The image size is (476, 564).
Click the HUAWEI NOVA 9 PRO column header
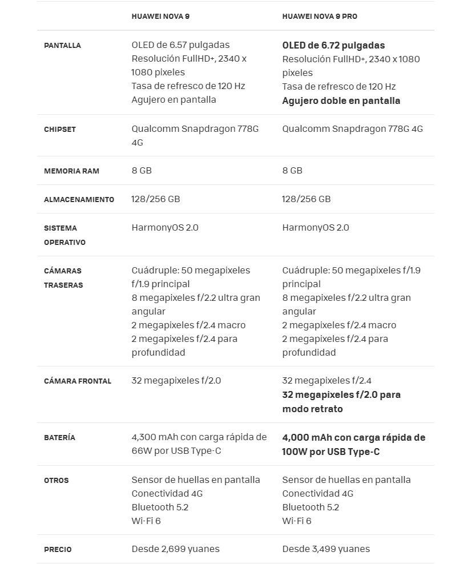click(320, 17)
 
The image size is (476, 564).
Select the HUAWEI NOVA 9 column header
click(160, 17)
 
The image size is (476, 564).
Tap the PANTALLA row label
click(62, 46)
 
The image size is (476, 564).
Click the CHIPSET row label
click(60, 130)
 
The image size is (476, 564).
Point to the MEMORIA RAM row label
click(71, 171)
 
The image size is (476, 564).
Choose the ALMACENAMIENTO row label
click(79, 200)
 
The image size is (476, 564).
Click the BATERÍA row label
click(59, 438)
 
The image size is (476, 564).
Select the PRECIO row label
click(58, 550)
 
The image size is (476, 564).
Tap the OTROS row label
click(57, 481)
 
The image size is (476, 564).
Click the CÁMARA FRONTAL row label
click(78, 381)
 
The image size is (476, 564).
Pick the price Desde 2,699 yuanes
click(175, 549)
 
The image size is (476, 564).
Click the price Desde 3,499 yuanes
click(326, 549)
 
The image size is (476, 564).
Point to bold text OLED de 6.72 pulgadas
click(333, 46)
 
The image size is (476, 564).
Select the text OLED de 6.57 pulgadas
click(180, 45)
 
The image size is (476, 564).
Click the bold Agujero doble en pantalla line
click(341, 101)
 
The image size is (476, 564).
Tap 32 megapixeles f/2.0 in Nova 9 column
click(176, 381)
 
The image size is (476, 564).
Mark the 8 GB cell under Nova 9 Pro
click(292, 171)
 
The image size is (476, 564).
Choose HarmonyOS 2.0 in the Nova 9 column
click(165, 228)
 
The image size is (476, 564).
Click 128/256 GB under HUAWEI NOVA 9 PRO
click(306, 199)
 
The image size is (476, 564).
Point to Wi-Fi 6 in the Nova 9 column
click(146, 521)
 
